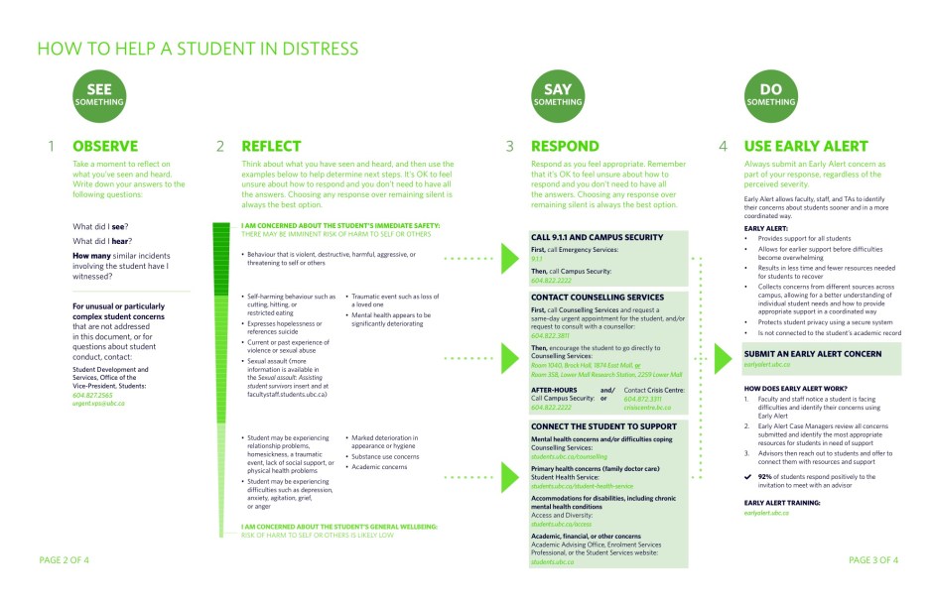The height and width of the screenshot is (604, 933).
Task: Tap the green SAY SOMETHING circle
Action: click(x=558, y=95)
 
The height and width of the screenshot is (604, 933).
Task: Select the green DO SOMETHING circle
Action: click(x=771, y=95)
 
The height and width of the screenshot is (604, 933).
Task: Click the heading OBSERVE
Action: click(x=105, y=147)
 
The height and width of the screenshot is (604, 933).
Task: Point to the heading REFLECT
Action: click(x=271, y=147)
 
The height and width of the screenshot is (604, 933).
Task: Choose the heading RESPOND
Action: click(x=565, y=147)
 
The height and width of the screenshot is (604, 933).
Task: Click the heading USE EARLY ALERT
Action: click(x=806, y=147)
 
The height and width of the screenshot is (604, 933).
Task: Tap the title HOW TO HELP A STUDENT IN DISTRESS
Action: click(x=198, y=49)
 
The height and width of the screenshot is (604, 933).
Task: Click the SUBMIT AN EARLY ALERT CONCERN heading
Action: click(x=812, y=354)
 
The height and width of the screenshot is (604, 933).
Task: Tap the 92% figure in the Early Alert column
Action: click(x=764, y=476)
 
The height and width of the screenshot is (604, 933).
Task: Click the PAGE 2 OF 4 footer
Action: click(x=64, y=560)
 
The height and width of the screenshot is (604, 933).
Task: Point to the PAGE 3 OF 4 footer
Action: click(x=873, y=560)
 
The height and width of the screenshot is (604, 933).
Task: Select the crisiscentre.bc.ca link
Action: click(x=647, y=407)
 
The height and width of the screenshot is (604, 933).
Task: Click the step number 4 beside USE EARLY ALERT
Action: click(x=724, y=147)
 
